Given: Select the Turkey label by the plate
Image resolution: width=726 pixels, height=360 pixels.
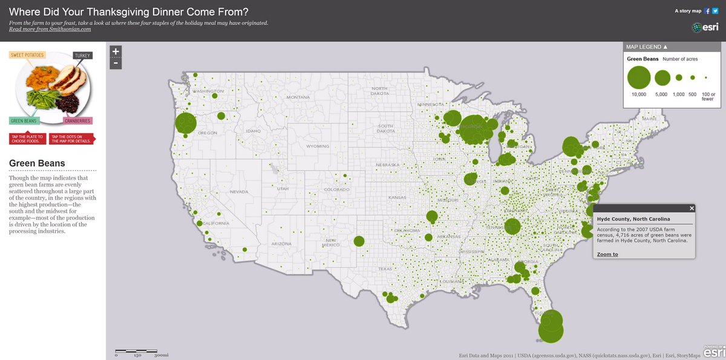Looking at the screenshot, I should click(x=82, y=56).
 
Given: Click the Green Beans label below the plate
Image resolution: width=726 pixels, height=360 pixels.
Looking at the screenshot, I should click(x=24, y=120).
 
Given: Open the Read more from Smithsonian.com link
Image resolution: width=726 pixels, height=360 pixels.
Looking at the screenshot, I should click(x=50, y=29).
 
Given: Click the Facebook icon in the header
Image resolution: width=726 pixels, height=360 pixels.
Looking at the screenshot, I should click(x=707, y=11).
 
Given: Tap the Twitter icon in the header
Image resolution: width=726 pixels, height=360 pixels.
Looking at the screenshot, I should click(x=715, y=11).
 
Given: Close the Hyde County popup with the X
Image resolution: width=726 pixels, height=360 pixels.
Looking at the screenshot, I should click(x=692, y=208).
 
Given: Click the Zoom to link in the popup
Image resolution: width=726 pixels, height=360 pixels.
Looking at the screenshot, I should click(x=607, y=254).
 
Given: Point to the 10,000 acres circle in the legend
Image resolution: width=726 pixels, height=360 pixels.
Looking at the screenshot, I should click(x=639, y=77).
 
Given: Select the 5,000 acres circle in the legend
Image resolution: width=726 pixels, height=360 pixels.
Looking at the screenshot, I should click(x=662, y=77).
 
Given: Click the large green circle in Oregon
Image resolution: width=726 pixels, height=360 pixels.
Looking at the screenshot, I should click(x=187, y=123).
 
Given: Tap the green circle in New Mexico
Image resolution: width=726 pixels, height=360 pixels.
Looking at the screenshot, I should click(x=359, y=241).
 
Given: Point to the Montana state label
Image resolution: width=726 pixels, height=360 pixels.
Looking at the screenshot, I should click(x=298, y=97).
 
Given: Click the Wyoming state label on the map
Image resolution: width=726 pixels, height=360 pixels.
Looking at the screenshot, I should click(x=318, y=146).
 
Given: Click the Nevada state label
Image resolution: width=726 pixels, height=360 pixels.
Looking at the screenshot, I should click(x=239, y=192).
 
